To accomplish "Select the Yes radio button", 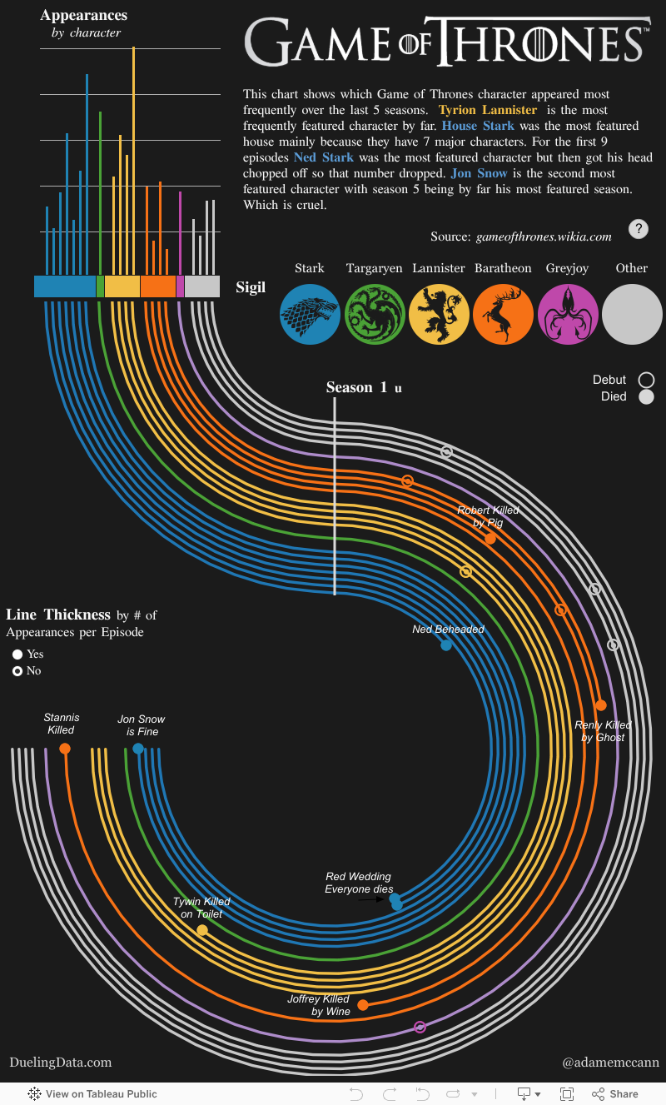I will (x=17, y=655).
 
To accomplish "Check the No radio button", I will (x=17, y=671).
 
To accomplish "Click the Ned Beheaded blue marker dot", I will (x=446, y=645).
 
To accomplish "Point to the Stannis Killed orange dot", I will (x=65, y=749).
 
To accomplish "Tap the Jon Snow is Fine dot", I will (x=138, y=749).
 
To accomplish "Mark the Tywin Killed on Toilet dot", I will (x=202, y=930).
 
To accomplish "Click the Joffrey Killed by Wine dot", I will (x=363, y=1005).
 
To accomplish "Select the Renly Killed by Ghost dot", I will (x=601, y=705).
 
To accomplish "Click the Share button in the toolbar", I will (x=615, y=1094).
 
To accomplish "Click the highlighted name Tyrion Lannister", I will (x=488, y=110).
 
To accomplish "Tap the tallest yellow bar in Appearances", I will (x=133, y=167).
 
